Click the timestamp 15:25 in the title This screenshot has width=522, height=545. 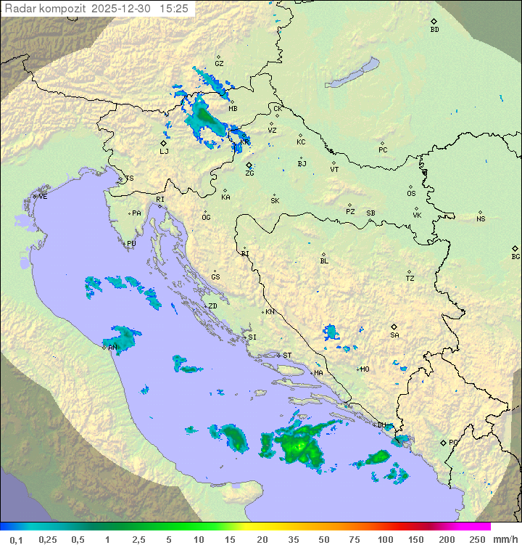(x=175, y=8)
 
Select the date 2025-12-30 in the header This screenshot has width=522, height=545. (x=123, y=8)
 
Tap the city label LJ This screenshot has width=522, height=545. (x=164, y=152)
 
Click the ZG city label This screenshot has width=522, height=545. (x=249, y=173)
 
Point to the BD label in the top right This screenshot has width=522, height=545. (x=434, y=30)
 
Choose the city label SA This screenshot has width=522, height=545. (x=394, y=335)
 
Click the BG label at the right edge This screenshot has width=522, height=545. (x=515, y=256)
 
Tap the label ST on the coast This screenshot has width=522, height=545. (x=287, y=356)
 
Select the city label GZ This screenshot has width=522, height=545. (x=219, y=64)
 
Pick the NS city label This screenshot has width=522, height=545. (x=481, y=219)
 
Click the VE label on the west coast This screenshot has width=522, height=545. (x=43, y=197)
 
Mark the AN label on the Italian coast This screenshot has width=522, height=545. (x=112, y=348)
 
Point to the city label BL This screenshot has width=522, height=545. (x=324, y=261)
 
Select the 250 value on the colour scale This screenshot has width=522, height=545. (x=476, y=539)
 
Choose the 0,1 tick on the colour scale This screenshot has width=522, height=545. (x=16, y=539)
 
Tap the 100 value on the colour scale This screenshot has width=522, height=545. (x=384, y=539)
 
